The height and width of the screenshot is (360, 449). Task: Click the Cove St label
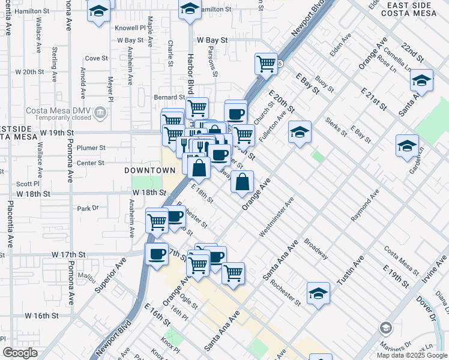[95, 58]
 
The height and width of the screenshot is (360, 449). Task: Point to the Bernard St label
[169, 97]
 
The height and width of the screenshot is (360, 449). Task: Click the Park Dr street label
[87, 208]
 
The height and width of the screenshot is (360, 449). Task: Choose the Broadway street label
[316, 250]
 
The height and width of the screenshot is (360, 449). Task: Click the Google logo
[20, 353]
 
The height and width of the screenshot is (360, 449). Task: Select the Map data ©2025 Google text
[411, 355]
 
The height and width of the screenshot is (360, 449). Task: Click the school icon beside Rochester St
[318, 293]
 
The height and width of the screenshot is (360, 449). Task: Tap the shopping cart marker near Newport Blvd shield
[265, 63]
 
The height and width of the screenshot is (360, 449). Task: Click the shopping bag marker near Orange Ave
[242, 182]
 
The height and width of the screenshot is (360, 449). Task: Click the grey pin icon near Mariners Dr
[385, 328]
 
